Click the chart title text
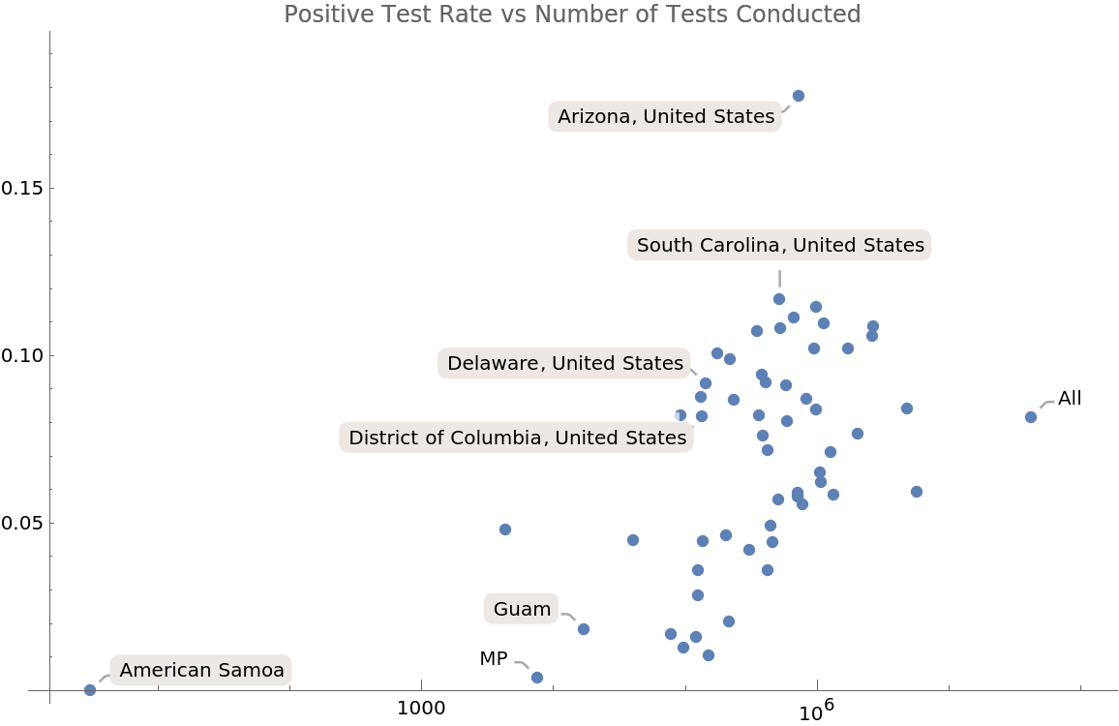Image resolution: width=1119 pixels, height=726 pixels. (572, 15)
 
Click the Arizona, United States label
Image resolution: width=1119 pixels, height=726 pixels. (666, 117)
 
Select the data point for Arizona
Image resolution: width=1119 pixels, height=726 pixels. (799, 96)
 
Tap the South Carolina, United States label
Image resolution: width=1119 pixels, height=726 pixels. (780, 246)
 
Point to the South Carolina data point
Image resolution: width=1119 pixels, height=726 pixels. (779, 299)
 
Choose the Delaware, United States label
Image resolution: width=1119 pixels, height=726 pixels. (565, 364)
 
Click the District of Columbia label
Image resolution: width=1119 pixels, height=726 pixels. (517, 439)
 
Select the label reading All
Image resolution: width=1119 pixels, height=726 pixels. (1070, 399)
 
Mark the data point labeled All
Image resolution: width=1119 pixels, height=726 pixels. (1031, 417)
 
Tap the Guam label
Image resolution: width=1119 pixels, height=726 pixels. (522, 610)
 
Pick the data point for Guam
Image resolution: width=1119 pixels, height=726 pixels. (584, 629)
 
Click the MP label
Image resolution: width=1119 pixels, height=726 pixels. (494, 659)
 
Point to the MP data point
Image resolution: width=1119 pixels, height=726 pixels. (537, 678)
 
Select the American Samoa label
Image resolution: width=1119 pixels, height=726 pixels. (202, 671)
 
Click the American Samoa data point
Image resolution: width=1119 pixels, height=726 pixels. (90, 690)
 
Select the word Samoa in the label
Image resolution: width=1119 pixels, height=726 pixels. (257, 671)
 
